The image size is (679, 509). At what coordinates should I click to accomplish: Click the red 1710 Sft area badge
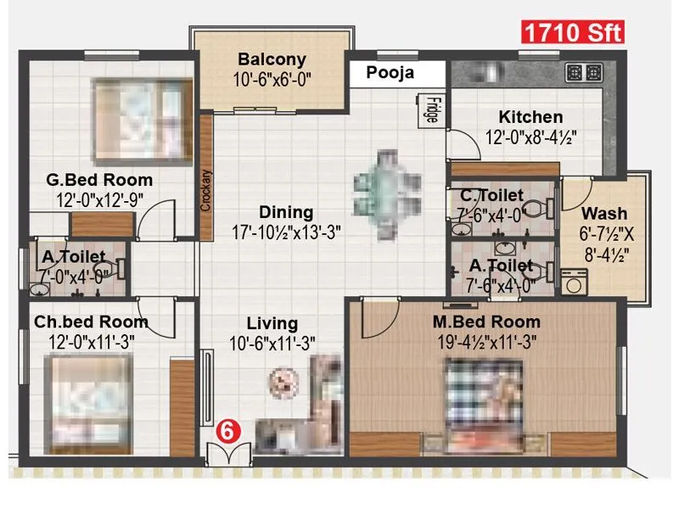pos(572,34)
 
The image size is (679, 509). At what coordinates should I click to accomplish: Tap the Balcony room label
pos(272,60)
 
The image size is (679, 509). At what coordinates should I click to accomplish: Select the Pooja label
pos(390,73)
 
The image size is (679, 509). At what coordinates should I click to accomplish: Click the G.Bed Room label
pos(99,180)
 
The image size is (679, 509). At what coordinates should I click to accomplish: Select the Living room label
pos(272,323)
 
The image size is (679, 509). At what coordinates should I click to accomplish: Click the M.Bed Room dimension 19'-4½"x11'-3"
pos(486,341)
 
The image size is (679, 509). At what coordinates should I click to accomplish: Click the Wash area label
pos(604,213)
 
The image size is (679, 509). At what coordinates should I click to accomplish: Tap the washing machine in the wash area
pos(575,281)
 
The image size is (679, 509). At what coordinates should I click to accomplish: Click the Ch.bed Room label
pos(92,322)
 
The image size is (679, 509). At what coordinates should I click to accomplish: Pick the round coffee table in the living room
pos(280,382)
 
